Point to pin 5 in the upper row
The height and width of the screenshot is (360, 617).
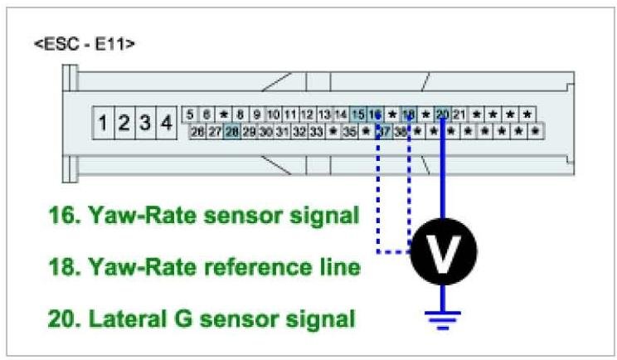pos(190,114)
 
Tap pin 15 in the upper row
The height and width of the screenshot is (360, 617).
pos(357,114)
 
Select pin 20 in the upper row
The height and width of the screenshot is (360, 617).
pos(443,114)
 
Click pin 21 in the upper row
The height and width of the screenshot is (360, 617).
pos(459,114)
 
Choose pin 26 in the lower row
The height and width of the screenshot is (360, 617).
pos(197,131)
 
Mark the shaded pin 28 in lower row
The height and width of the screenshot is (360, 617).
pos(231,131)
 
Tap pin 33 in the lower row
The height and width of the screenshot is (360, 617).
pos(316,131)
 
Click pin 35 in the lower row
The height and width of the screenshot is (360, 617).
pos(349,131)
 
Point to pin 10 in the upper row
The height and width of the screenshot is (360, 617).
pos(273,114)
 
